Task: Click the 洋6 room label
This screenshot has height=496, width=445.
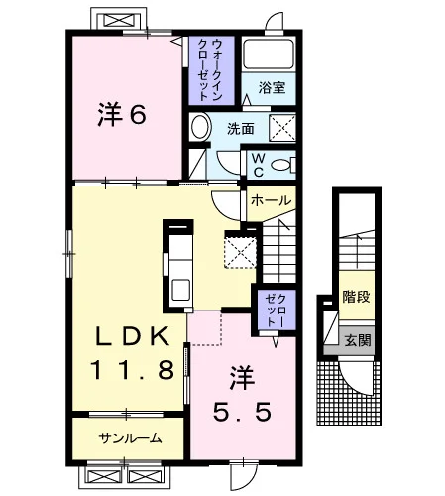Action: (122, 114)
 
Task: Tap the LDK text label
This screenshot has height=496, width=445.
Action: (133, 336)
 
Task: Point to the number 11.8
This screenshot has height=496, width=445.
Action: (132, 369)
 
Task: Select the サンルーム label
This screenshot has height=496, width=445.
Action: (130, 438)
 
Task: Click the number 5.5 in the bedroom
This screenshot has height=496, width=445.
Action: (242, 412)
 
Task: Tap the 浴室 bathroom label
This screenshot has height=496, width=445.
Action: (272, 88)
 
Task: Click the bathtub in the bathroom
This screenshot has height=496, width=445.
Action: (269, 55)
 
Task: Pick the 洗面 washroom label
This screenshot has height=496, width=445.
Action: (241, 129)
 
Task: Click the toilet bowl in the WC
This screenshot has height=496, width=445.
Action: (280, 165)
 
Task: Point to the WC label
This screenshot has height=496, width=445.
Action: (258, 165)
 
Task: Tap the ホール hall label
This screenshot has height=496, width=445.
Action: (272, 200)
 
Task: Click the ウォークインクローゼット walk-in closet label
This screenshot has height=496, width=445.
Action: (211, 70)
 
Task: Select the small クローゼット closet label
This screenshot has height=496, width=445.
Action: (277, 310)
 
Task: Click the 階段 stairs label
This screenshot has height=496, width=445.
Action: (356, 297)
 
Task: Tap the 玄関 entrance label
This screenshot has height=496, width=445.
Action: (358, 340)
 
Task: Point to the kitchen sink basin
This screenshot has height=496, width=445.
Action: (180, 290)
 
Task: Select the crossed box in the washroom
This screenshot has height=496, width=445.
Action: (282, 128)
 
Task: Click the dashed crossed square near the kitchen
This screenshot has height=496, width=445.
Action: (240, 249)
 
